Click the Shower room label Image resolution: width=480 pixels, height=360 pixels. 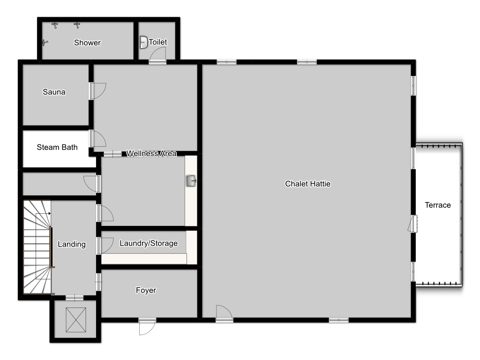(87, 43)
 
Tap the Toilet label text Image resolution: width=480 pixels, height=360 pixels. (158, 42)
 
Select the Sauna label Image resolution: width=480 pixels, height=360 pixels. (54, 92)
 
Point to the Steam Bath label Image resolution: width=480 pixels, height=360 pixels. (57, 147)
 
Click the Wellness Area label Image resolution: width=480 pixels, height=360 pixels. (151, 153)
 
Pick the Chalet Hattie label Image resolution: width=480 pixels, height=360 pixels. (307, 184)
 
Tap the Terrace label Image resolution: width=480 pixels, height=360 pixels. (438, 205)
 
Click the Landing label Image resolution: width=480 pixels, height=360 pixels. (72, 244)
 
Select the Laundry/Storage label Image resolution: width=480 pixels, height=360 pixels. (149, 243)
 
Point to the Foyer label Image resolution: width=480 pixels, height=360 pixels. (146, 290)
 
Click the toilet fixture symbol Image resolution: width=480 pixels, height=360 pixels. (143, 42)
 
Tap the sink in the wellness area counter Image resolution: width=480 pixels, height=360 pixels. (191, 180)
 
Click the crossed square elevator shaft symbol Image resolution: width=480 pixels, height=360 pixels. (76, 320)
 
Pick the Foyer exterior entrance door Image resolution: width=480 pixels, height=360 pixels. (147, 327)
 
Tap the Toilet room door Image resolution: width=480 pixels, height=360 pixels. (157, 55)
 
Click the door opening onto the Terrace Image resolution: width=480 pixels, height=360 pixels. (412, 224)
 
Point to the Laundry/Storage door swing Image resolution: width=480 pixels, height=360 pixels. (105, 245)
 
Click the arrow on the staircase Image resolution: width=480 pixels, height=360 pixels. (43, 213)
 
